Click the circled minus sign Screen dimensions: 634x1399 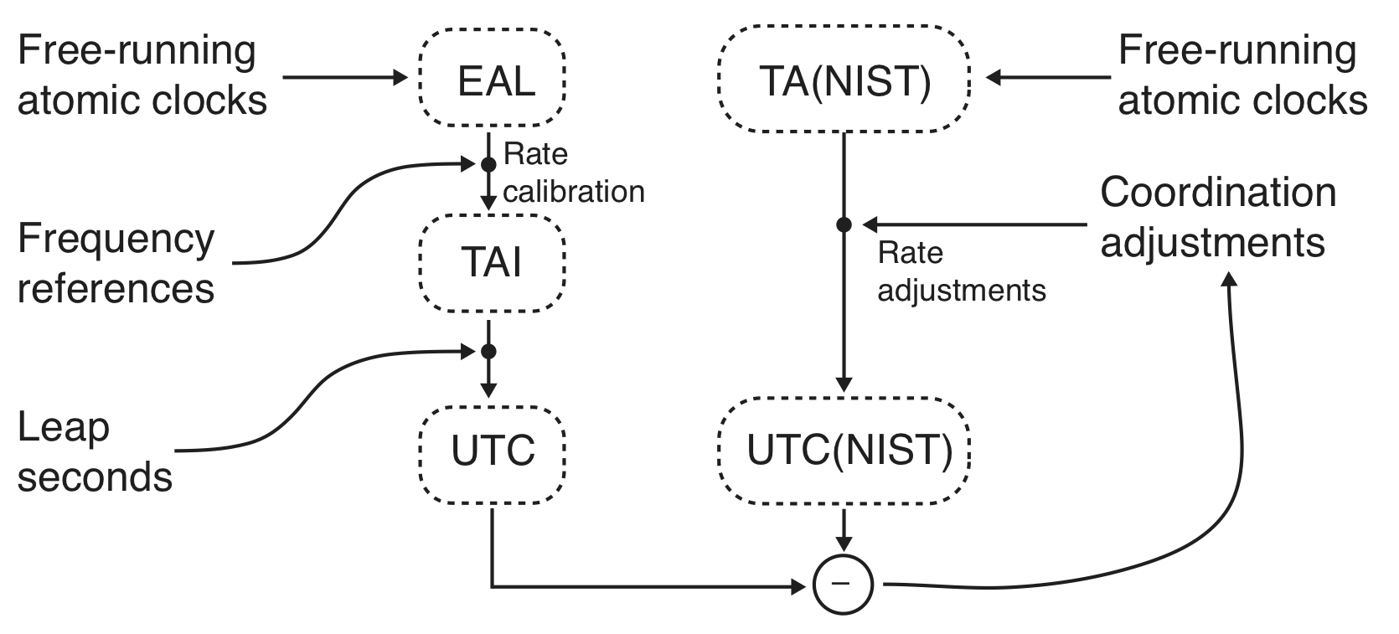pos(844,584)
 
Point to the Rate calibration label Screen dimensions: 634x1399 pos(573,173)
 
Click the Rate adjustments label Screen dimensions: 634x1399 pos(961,271)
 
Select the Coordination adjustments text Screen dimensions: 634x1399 pos(1216,218)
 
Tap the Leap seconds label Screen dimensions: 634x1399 pos(94,452)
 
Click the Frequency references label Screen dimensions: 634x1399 pos(116,264)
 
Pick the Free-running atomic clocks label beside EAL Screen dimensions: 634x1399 pos(141,75)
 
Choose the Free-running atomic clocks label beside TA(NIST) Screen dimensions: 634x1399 pos(1241,75)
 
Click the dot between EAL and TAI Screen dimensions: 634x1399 pos(488,164)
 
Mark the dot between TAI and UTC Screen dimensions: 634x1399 pos(488,351)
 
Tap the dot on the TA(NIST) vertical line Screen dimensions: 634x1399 pos(844,224)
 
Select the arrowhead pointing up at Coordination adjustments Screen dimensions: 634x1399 pos(1230,279)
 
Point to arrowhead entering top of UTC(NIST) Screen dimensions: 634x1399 pos(844,384)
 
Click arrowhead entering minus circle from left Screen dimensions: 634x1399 pos(798,585)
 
